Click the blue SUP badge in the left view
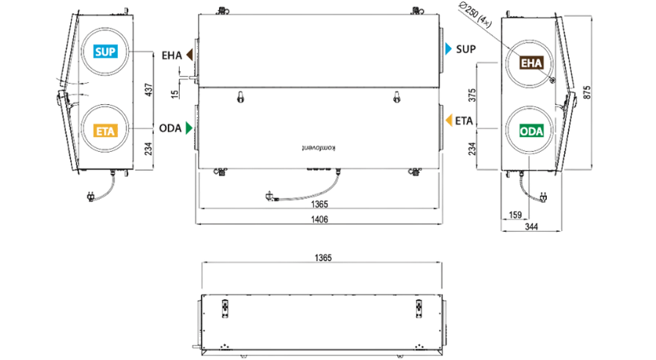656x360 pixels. pos(105,51)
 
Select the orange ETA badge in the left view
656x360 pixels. pos(105,131)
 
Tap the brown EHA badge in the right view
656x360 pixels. pos(531,63)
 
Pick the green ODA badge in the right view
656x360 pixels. pos(531,131)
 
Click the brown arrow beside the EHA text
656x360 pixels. pos(190,54)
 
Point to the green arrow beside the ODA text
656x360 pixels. pos(189,128)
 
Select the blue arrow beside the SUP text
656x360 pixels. pos(449,49)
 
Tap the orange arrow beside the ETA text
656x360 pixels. pos(449,120)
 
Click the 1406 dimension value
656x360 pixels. pos(320,219)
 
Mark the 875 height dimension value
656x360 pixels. pos(587,92)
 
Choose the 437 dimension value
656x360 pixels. pos(149,90)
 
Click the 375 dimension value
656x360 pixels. pos(472,95)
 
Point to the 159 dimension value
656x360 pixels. pos(515,215)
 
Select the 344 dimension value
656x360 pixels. pos(531,227)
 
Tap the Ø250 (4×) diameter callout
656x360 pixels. pos(475,15)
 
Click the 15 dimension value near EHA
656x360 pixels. pos(175,94)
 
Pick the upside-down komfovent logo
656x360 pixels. pos(318,148)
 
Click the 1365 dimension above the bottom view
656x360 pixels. pos(323,258)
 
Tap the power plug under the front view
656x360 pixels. pos(271,196)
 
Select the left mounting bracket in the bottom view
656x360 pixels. pos(225,309)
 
